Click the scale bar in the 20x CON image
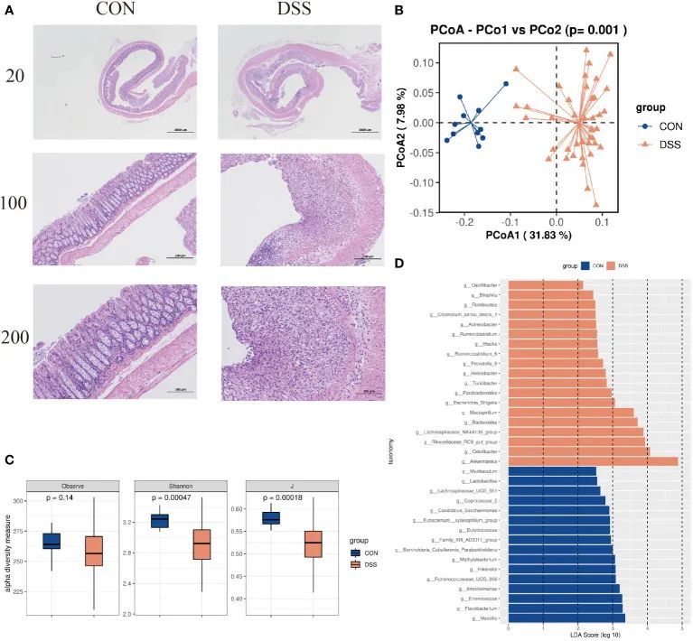click(x=177, y=131)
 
